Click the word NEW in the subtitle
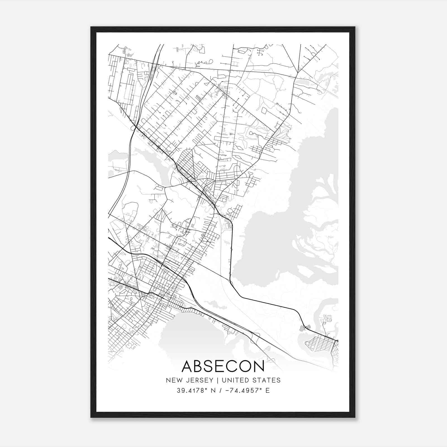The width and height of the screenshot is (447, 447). pos(173,380)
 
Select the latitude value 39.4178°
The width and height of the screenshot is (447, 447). pos(191,391)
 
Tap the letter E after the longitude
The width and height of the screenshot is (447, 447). pos(268,391)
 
